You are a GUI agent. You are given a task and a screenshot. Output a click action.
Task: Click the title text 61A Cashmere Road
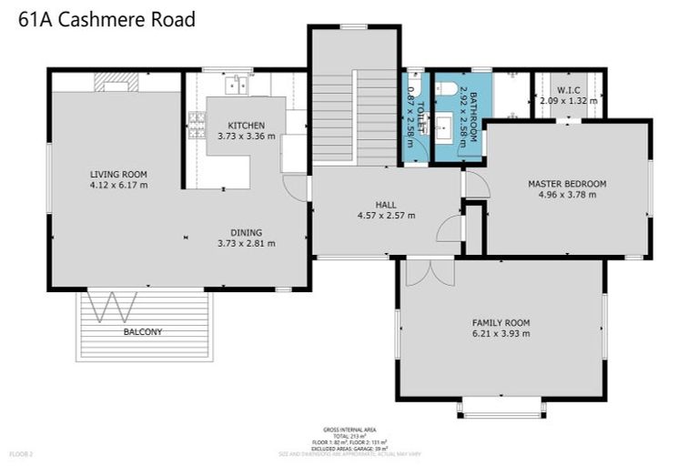(106, 19)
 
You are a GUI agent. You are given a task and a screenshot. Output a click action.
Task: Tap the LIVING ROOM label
(118, 174)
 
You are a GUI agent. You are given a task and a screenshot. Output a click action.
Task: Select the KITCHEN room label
(246, 126)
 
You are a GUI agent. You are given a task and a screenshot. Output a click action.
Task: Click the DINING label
(246, 232)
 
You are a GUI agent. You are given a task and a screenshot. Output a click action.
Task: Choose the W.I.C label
(568, 90)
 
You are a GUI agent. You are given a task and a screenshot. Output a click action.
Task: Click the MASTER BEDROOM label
(566, 183)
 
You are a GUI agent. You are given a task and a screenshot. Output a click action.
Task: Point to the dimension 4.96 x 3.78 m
(566, 194)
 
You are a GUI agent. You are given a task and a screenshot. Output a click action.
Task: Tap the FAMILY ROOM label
(500, 322)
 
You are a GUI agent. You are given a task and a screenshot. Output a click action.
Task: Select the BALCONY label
(142, 332)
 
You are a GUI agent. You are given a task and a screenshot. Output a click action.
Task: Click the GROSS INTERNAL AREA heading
(349, 429)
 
